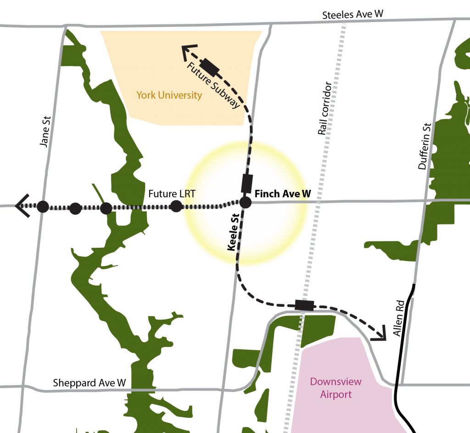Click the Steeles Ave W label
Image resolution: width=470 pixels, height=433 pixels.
coord(352,14)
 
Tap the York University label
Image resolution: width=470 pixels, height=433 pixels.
coord(169,96)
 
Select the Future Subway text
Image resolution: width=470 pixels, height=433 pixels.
coord(213,85)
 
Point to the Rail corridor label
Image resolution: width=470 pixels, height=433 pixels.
coord(325,108)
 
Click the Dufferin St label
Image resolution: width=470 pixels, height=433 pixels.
coord(425,146)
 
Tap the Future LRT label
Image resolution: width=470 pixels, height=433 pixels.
coord(172,194)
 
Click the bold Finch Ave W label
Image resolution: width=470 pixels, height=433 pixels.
coord(282,194)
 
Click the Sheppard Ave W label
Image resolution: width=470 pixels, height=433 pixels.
coord(89,382)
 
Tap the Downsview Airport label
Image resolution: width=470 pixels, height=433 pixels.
coord(336,388)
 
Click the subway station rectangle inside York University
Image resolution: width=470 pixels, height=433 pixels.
coord(211,67)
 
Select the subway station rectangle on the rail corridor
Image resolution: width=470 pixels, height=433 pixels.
coord(304,305)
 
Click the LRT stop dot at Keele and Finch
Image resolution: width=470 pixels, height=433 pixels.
coord(245,202)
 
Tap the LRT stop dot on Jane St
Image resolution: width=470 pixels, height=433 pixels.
coord(43,206)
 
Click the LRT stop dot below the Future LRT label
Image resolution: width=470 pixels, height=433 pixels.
coord(176,206)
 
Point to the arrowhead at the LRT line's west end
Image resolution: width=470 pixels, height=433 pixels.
coord(22,206)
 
